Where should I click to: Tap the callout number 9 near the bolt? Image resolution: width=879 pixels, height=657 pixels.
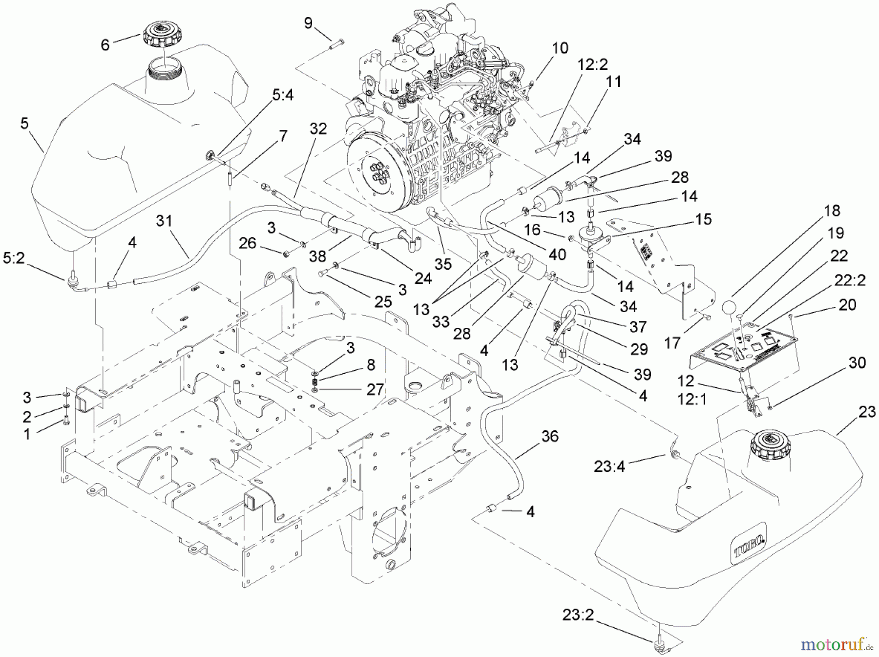click(308, 23)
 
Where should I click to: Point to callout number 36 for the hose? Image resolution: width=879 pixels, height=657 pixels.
click(550, 436)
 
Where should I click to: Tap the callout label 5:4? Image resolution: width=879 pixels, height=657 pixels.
click(283, 95)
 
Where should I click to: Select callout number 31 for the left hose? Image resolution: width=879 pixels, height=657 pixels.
click(164, 221)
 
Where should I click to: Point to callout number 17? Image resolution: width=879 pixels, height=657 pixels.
click(672, 343)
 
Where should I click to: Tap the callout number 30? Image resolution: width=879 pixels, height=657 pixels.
click(857, 363)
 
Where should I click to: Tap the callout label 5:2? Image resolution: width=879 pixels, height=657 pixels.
click(14, 259)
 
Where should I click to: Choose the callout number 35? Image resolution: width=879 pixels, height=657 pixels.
click(443, 264)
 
